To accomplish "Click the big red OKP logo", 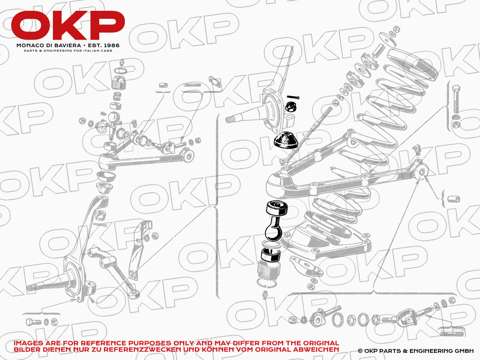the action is (x=68, y=25).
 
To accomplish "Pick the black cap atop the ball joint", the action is (x=277, y=208).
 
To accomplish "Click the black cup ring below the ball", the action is (x=271, y=255).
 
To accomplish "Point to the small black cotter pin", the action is (x=293, y=98).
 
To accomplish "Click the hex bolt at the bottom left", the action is (x=34, y=322).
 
